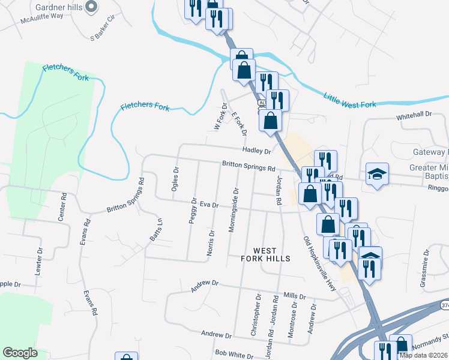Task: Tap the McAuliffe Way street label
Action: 41,16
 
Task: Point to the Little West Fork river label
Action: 350,100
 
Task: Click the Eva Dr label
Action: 208,205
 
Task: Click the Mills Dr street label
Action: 295,296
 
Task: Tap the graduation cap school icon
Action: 377,175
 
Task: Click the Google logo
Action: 20,353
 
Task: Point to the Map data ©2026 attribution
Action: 424,355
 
